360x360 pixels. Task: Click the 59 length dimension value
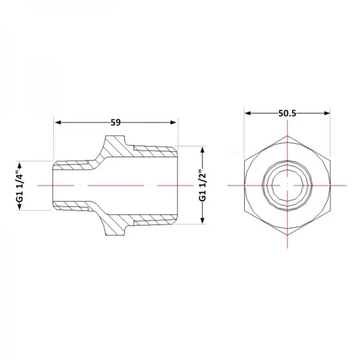coord(115,122)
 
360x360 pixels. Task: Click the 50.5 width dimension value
coord(287,113)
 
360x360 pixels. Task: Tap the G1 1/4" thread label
coord(20,186)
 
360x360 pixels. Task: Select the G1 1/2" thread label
coord(203,185)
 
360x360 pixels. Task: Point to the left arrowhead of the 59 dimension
coord(58,122)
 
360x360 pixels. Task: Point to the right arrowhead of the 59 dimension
coord(173,122)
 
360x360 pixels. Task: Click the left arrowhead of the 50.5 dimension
coord(247,113)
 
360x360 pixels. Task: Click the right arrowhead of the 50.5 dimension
coord(327,113)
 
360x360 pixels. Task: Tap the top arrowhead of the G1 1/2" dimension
coord(203,150)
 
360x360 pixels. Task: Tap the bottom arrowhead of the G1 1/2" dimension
coord(203,220)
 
